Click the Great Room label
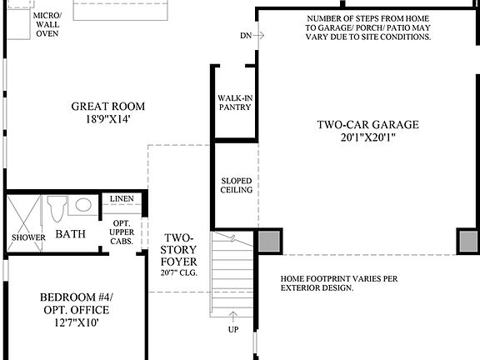tap(108, 106)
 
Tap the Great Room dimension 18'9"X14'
tap(108, 119)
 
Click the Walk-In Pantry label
tap(235, 102)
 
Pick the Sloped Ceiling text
tap(237, 186)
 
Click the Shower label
tap(28, 237)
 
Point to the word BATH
tap(71, 235)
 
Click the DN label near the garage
tap(245, 36)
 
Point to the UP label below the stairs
tap(234, 330)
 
